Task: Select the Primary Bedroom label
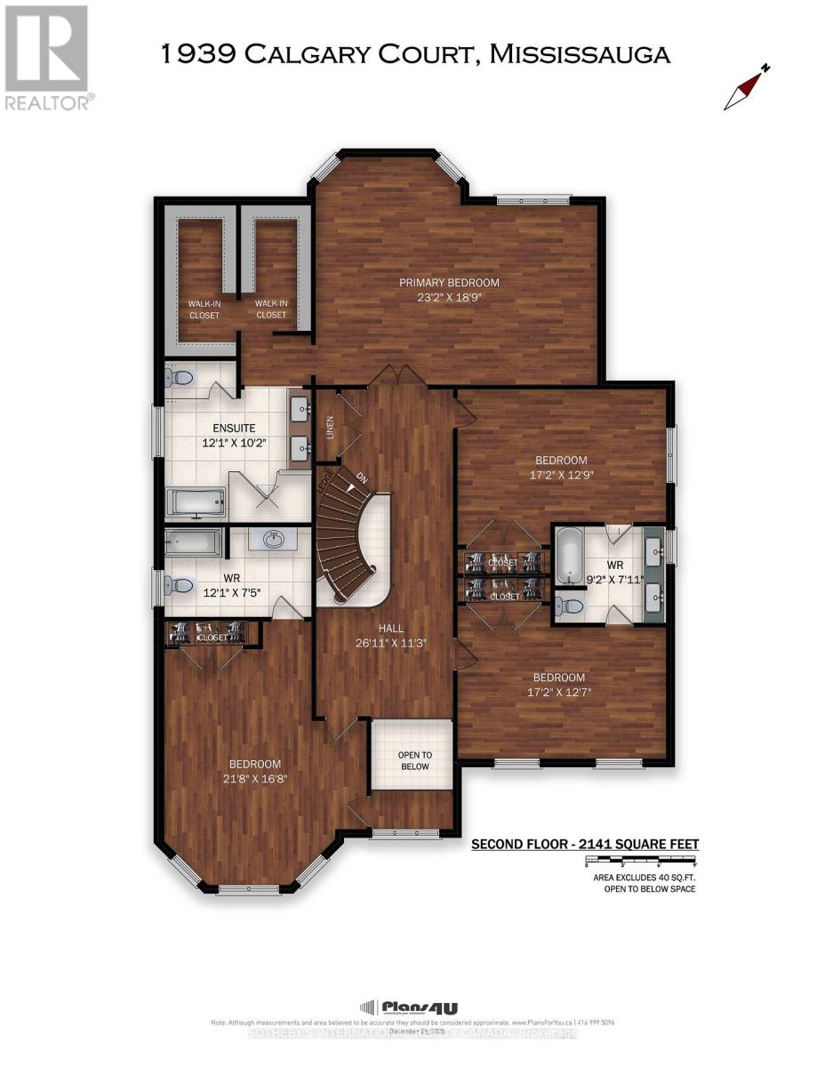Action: tap(449, 283)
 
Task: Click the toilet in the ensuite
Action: tap(180, 378)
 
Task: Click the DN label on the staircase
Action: tap(361, 477)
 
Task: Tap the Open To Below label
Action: tap(413, 760)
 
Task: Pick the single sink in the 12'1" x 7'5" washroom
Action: tap(273, 539)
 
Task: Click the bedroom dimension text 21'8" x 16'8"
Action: tap(255, 778)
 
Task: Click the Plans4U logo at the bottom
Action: tap(409, 1007)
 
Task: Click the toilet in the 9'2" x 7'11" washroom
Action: tap(570, 606)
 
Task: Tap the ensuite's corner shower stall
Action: tap(267, 495)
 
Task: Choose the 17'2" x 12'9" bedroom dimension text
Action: tap(561, 475)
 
